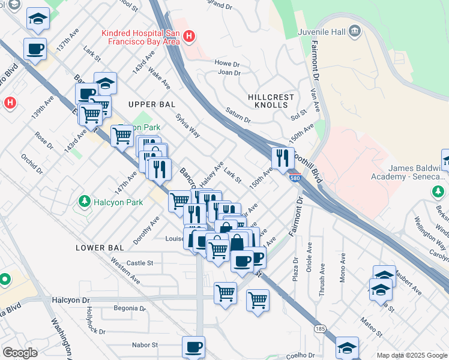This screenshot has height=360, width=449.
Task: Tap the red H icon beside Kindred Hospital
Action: tap(189, 37)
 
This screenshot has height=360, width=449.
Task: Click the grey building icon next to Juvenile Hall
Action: tap(354, 30)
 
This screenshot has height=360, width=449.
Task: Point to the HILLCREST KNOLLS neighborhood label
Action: tap(271, 101)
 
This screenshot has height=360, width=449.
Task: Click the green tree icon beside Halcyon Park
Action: tap(85, 202)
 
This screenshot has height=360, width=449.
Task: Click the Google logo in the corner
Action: tap(20, 353)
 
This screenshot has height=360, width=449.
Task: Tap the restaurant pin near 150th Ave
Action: tap(282, 158)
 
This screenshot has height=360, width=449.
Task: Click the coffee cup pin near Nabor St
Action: tap(193, 347)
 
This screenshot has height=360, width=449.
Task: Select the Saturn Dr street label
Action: tap(238, 112)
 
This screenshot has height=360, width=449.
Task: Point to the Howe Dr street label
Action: tap(227, 62)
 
